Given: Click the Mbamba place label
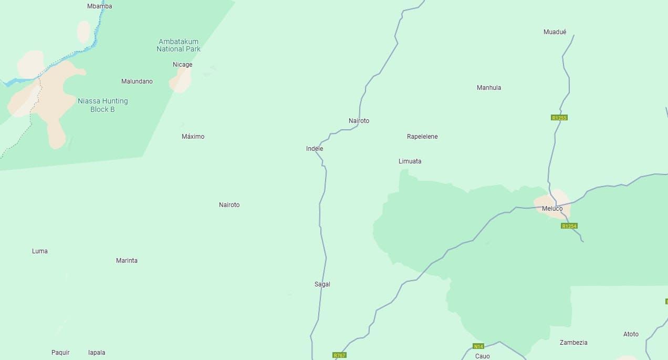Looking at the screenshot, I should pos(99,6).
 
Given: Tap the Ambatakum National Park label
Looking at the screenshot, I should pos(179,45).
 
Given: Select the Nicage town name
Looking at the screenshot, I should pos(183,65).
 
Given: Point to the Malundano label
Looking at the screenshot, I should pos(137,81).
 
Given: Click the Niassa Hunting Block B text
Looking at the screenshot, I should pos(102,105).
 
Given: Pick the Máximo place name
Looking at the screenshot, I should pos(193,137).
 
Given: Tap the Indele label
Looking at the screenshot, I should pos(315,149).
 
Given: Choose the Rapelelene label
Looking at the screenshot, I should pos(422,137).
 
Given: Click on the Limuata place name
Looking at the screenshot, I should pos(410,161).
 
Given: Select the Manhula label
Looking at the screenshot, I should pos(489,88).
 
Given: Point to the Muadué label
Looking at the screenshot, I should pos(555,32).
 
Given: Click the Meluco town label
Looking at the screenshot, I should pos(552,209).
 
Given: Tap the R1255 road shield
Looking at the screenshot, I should pos(559,118).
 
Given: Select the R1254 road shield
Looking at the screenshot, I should pos(569,226).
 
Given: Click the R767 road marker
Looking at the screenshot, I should pos(340,355).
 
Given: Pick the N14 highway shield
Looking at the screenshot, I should pos(478,346).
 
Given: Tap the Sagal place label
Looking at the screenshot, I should pos(322,284).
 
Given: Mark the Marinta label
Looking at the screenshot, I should pos(127,261).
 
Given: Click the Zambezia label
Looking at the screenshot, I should pos(573,343).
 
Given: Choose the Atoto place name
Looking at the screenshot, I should pos(631,334).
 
